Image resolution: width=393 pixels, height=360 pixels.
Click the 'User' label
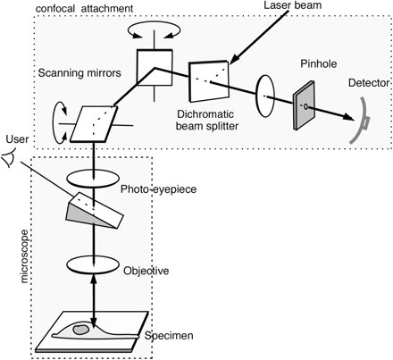(17, 140)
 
